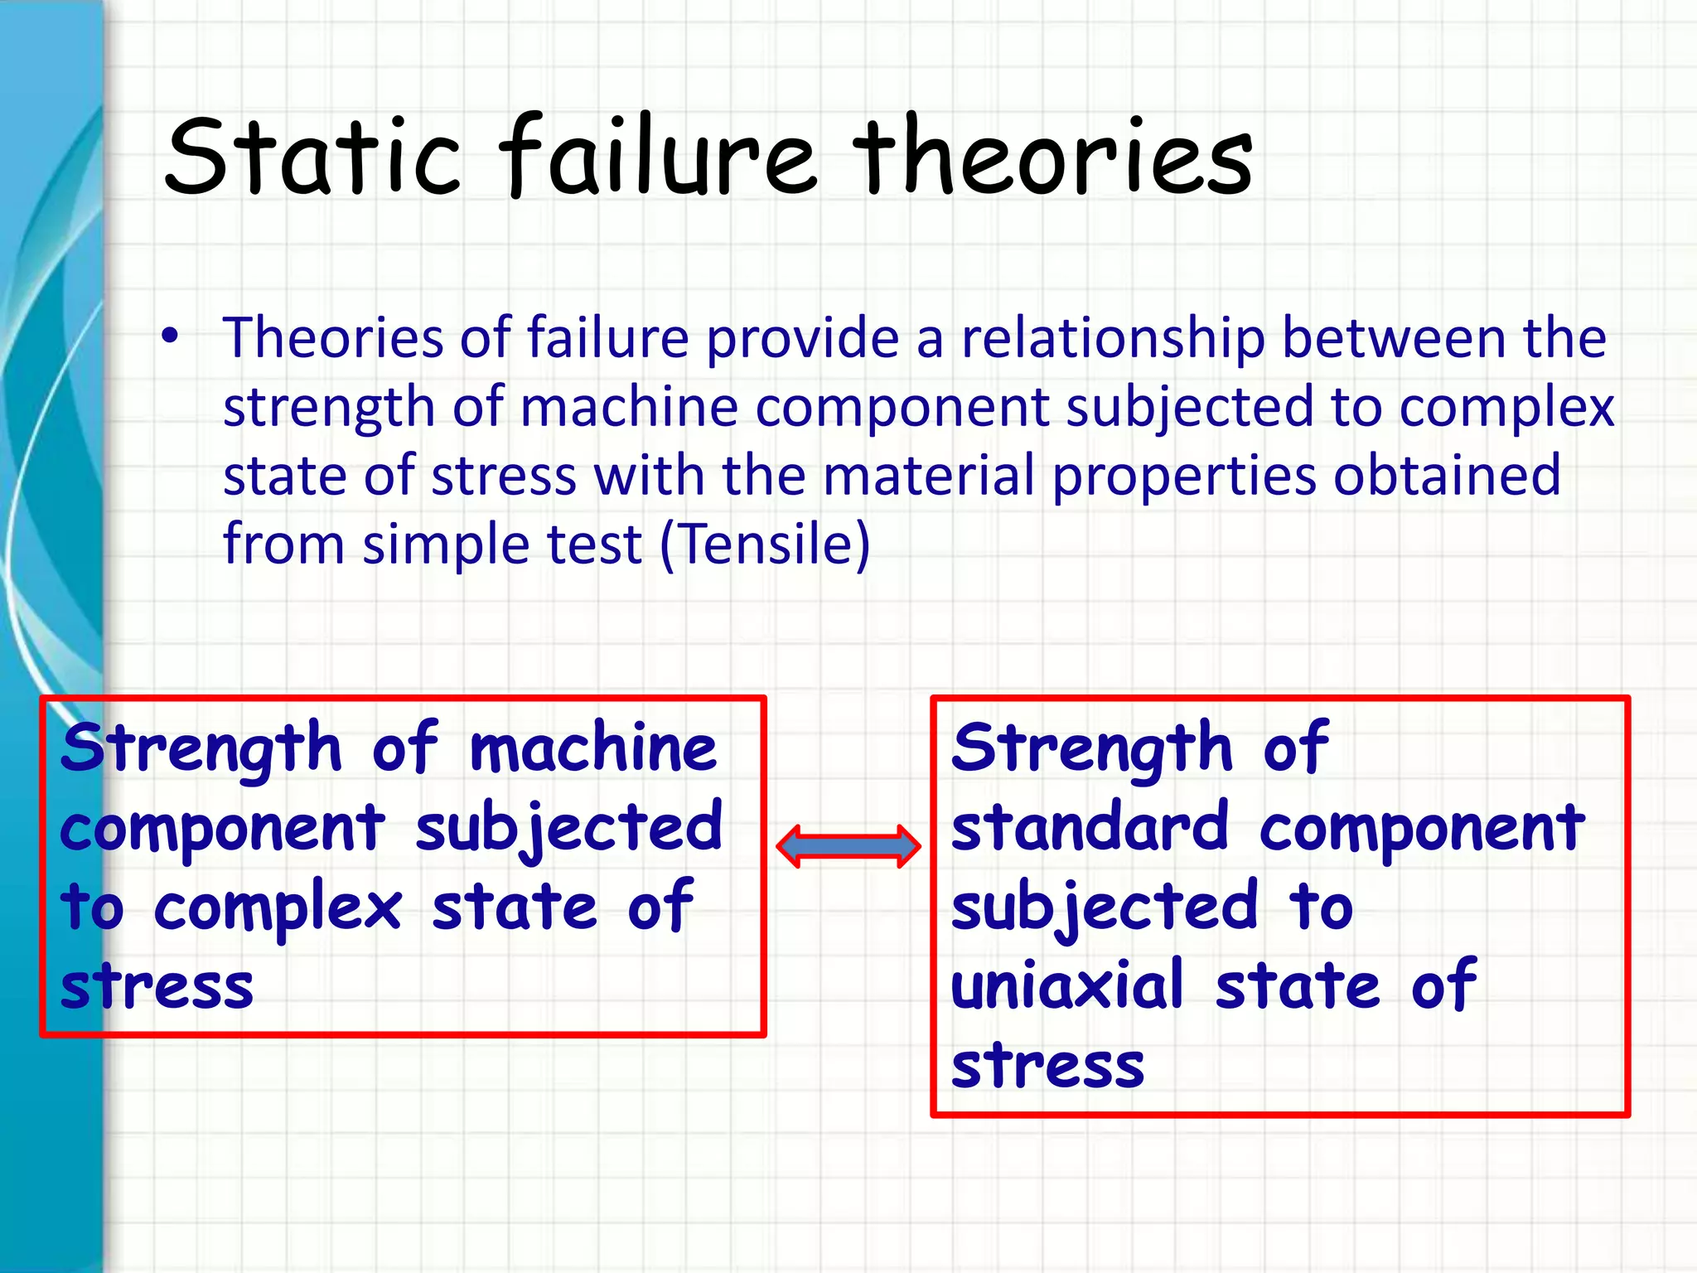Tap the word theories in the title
(x=1052, y=157)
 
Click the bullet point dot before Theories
(x=170, y=336)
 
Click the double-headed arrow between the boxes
(x=848, y=846)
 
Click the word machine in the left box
(x=592, y=748)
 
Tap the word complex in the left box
(x=278, y=908)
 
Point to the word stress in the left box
(x=157, y=987)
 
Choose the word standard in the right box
(x=1090, y=827)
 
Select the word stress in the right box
(x=1047, y=1066)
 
